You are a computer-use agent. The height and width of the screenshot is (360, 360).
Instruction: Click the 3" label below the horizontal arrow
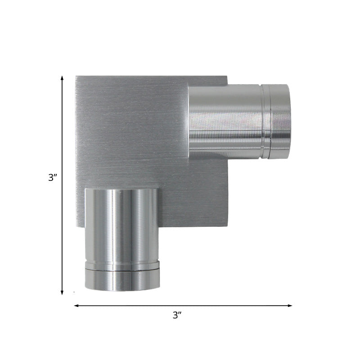(177, 315)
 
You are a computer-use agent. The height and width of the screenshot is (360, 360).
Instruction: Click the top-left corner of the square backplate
(76, 76)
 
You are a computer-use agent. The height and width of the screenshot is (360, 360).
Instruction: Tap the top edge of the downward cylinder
(121, 189)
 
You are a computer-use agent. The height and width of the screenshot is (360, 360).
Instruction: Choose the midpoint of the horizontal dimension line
(183, 306)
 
